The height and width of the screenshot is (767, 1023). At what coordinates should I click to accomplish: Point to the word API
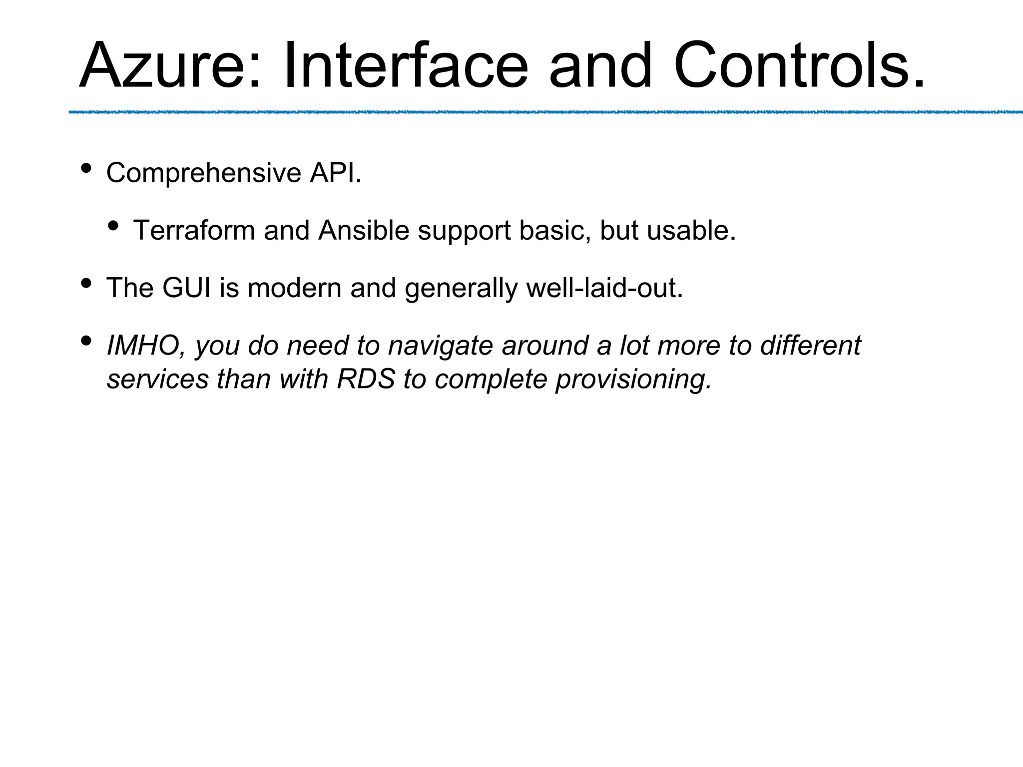coord(335,173)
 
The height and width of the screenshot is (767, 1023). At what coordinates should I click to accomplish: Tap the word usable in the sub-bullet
coord(691,231)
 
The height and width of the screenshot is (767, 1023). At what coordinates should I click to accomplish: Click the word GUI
coord(186,288)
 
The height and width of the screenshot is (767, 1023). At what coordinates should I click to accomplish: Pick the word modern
coord(294,288)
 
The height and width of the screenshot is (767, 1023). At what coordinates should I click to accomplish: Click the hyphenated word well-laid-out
coord(604,288)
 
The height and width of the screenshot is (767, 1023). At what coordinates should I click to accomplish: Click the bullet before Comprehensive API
coord(85,169)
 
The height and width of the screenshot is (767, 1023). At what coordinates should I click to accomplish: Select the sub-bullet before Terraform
coord(113,226)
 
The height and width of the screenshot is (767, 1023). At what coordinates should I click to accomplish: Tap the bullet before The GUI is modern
coord(85,284)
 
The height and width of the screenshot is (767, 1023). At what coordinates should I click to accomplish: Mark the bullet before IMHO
coord(85,341)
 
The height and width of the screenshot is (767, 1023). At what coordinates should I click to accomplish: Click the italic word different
coord(810,346)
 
